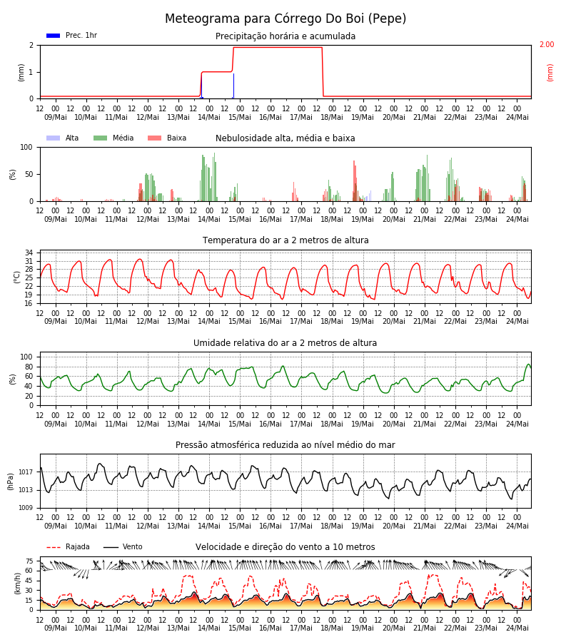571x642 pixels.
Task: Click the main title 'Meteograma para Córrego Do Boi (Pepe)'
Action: pyautogui.click(x=285, y=19)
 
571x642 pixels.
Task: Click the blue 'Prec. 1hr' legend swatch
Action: pyautogui.click(x=54, y=36)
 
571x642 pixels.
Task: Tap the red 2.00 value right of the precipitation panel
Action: pyautogui.click(x=547, y=44)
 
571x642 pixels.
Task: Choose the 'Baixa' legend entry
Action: pyautogui.click(x=167, y=138)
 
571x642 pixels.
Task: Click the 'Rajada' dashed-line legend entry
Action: pyautogui.click(x=68, y=547)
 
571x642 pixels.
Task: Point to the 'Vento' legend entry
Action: pyautogui.click(x=123, y=547)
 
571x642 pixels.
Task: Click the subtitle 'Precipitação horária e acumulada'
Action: pyautogui.click(x=285, y=36)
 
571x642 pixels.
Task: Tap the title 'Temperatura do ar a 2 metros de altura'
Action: pyautogui.click(x=285, y=240)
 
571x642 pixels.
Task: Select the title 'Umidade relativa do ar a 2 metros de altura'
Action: pyautogui.click(x=285, y=342)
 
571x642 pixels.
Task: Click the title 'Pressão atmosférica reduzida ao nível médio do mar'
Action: pyautogui.click(x=285, y=445)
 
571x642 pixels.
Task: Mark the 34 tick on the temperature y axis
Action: pyautogui.click(x=29, y=253)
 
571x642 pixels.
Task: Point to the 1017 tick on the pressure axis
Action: pyautogui.click(x=26, y=472)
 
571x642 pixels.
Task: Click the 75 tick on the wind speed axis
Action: pyautogui.click(x=29, y=561)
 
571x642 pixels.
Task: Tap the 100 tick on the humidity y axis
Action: pyautogui.click(x=26, y=357)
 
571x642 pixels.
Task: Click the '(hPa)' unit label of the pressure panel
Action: pyautogui.click(x=11, y=481)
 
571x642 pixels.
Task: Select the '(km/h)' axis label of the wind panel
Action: pyautogui.click(x=17, y=584)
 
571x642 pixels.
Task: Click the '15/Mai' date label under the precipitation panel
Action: pyautogui.click(x=240, y=117)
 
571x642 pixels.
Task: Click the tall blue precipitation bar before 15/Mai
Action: pyautogui.click(x=233, y=86)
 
